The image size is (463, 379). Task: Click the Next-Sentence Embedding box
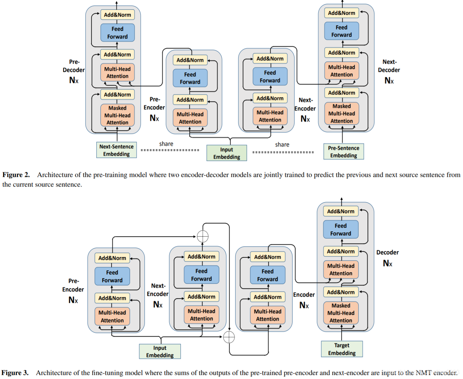tap(116, 150)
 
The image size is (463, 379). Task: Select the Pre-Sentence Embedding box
tap(343, 152)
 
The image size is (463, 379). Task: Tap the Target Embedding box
tap(342, 349)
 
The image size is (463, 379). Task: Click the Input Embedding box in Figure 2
tap(227, 153)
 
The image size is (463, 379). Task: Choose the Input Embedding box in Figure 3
tap(160, 352)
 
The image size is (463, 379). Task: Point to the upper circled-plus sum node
tap(203, 236)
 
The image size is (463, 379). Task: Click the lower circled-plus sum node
tap(229, 337)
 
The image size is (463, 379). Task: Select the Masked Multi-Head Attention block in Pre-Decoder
tap(117, 115)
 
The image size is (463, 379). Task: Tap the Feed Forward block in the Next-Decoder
tap(342, 31)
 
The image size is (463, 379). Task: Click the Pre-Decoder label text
tap(74, 66)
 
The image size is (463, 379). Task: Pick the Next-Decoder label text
tap(389, 66)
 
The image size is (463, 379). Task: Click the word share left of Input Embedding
tap(166, 144)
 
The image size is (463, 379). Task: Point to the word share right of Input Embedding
tap(282, 145)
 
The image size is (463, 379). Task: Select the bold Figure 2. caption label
tap(16, 175)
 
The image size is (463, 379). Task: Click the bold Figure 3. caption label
tap(15, 373)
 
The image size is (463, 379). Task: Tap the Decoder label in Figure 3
tap(387, 252)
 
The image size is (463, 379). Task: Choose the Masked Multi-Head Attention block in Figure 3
tap(341, 313)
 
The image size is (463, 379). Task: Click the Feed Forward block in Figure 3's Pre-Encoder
tap(112, 276)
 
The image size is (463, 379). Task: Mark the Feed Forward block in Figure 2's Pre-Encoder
tap(190, 78)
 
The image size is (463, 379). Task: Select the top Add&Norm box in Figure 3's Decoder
tap(341, 211)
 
